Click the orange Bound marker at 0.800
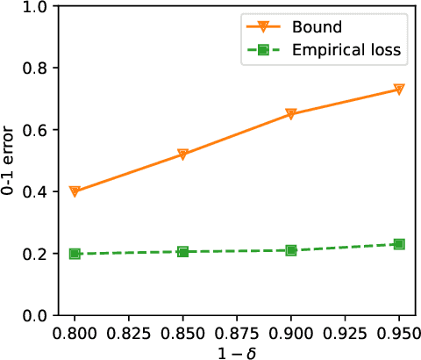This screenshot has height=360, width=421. pos(75,191)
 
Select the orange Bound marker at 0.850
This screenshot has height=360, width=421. pos(182,155)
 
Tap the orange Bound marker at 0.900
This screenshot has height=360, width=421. pos(291,114)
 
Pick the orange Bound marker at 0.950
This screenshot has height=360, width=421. pos(399,90)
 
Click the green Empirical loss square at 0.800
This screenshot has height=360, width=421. pos(75,254)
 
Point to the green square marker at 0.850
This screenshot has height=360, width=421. pos(182,252)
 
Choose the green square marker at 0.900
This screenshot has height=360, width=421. pos(291,250)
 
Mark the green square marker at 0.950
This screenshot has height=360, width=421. pos(399,244)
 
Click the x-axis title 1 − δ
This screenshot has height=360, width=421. pos(237,349)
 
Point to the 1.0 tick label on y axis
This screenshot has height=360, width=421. pos(34,7)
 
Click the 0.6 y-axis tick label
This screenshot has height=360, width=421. pos(34,130)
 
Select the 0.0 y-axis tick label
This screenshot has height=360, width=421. pos(34,314)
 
